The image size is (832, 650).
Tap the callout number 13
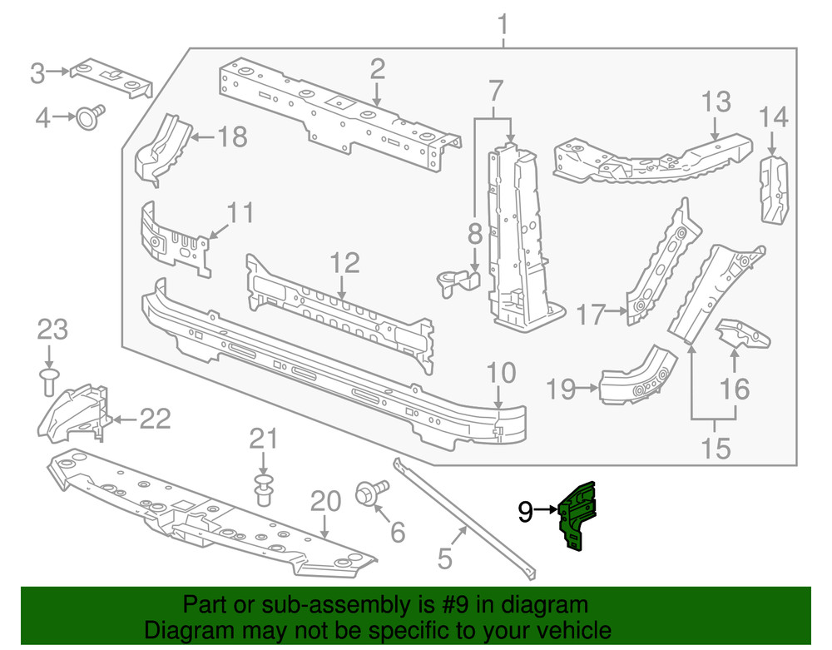click(x=716, y=102)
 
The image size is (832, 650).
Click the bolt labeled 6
click(x=371, y=493)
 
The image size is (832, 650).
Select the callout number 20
click(x=325, y=501)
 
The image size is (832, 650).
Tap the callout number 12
click(x=344, y=264)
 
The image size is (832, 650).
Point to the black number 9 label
click(x=525, y=511)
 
